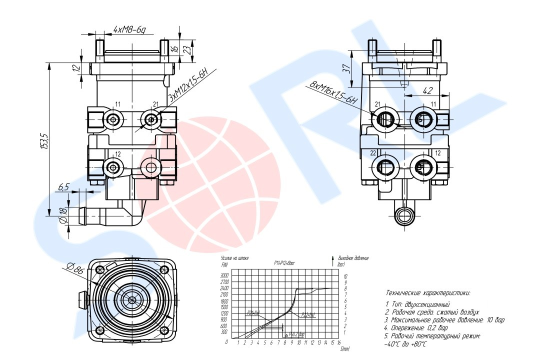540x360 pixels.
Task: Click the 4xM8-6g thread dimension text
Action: click(x=129, y=30)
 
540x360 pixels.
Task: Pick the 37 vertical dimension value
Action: click(x=345, y=69)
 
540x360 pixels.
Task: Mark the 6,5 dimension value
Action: click(x=63, y=187)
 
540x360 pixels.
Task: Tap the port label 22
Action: click(x=372, y=152)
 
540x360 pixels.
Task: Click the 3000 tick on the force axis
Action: click(x=224, y=275)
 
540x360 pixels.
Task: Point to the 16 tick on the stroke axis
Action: click(x=339, y=342)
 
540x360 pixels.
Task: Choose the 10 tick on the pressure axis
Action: click(x=345, y=275)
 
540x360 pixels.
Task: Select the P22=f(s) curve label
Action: click(x=308, y=315)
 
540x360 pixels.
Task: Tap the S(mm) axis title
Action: click(x=344, y=349)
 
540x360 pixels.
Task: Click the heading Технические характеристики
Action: click(x=428, y=293)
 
